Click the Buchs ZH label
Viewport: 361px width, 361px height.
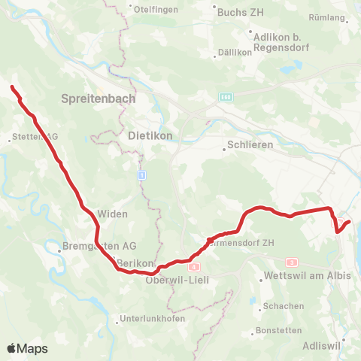click(236, 12)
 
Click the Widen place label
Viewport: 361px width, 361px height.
click(113, 214)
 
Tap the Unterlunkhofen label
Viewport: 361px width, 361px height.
click(150, 319)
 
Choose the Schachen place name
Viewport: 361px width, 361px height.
click(284, 307)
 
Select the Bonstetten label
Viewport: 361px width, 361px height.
click(278, 330)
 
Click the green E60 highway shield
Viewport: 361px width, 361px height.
click(226, 96)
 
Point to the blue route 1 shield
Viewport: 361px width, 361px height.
click(141, 174)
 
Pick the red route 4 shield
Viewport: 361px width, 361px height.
click(194, 266)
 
